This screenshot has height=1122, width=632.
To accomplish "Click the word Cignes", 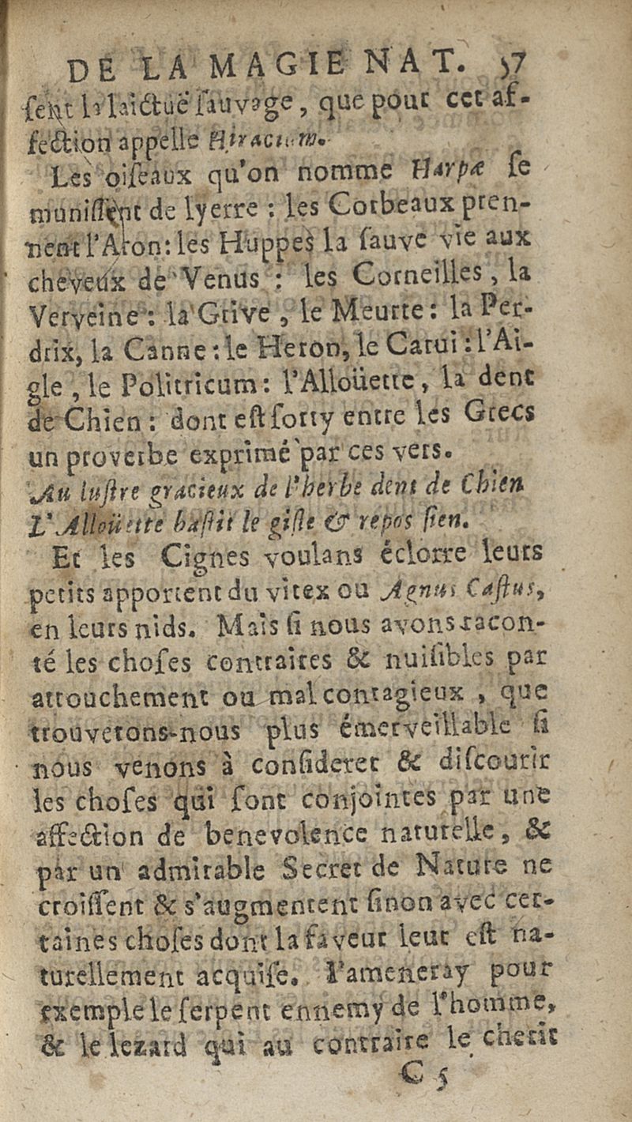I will pos(209,559).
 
